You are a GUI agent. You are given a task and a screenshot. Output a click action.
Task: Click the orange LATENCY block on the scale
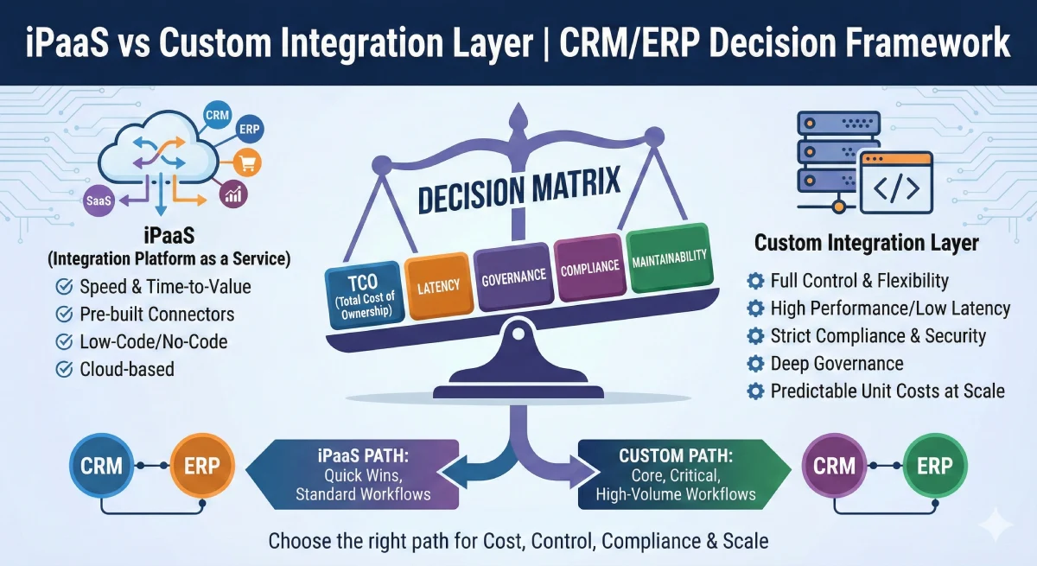(437, 284)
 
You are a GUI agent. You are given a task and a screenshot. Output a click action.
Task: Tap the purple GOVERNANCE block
(513, 277)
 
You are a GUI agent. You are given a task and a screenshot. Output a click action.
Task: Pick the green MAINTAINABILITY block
(668, 258)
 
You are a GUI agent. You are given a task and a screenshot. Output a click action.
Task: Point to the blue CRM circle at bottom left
(101, 467)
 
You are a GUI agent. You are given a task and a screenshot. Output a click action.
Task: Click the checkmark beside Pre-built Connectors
(64, 315)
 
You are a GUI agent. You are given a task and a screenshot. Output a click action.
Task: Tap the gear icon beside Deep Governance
(755, 364)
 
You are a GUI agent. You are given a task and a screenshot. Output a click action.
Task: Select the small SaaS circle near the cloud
(96, 200)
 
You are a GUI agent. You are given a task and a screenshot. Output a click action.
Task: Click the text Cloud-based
(126, 370)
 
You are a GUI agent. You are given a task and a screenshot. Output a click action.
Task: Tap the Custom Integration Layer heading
(866, 243)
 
